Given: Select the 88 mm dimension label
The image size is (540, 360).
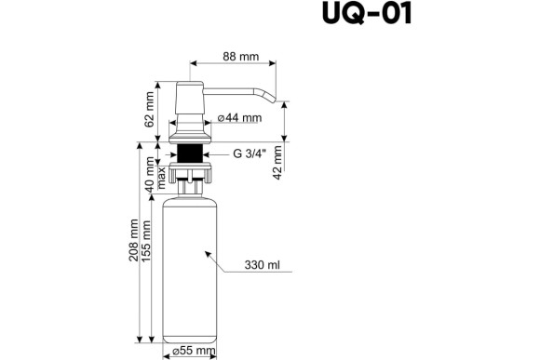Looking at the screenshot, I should (x=240, y=56).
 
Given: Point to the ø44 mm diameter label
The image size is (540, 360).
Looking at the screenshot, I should (x=238, y=118).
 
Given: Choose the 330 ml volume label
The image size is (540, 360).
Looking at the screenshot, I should (x=262, y=265).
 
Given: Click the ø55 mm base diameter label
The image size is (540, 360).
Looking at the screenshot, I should (x=194, y=351).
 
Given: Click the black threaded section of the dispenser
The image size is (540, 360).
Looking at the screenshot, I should (x=192, y=153).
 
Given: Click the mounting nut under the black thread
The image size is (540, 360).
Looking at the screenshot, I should (x=192, y=172).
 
